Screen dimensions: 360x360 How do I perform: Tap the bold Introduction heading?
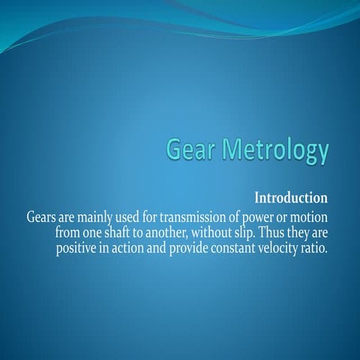(x=291, y=199)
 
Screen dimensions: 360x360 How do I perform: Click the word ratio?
(x=316, y=248)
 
